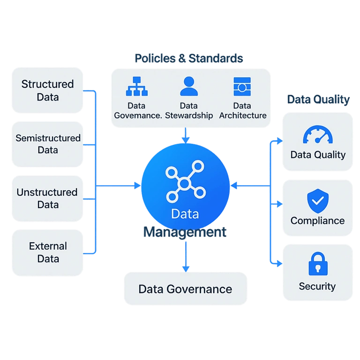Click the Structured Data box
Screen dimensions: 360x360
click(x=48, y=90)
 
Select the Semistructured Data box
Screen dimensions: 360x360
click(x=48, y=144)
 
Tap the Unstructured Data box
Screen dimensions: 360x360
click(x=47, y=198)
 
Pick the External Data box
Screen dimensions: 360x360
click(x=48, y=252)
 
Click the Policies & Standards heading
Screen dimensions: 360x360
click(x=189, y=58)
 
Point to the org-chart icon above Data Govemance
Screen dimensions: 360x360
click(x=136, y=87)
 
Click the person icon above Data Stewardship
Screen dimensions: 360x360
click(x=189, y=87)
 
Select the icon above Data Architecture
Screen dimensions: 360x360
click(x=242, y=87)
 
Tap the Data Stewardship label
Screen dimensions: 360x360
click(x=189, y=111)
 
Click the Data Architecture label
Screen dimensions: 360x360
click(x=242, y=111)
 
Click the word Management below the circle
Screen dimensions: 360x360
click(x=185, y=232)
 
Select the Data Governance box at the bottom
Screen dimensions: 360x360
click(x=185, y=289)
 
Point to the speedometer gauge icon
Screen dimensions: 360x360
click(x=318, y=135)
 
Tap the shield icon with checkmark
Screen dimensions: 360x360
click(x=317, y=202)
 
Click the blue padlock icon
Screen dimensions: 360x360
click(x=317, y=264)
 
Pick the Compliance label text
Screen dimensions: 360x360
click(x=317, y=221)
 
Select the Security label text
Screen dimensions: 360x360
click(x=317, y=286)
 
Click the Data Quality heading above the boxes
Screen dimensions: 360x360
click(x=318, y=99)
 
